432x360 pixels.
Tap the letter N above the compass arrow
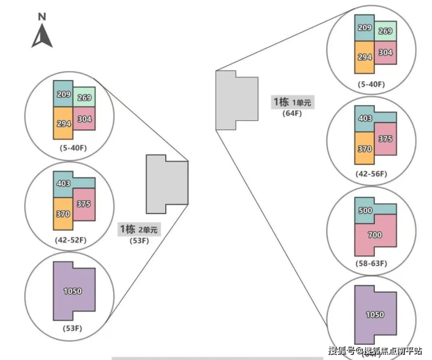tap(42, 16)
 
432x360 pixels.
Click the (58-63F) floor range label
tap(372, 263)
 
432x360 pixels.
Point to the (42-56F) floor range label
tap(372, 174)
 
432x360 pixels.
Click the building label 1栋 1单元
tap(291, 102)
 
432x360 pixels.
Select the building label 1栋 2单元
tap(138, 229)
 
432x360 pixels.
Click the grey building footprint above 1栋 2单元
tap(166, 184)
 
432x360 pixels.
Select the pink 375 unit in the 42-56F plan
tap(385, 139)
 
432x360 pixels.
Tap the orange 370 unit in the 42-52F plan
tap(63, 214)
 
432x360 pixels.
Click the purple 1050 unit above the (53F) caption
tap(73, 291)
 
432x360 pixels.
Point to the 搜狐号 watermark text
tap(342, 351)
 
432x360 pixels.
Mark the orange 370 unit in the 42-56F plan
tap(365, 149)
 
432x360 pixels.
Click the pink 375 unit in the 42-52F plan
tap(84, 204)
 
